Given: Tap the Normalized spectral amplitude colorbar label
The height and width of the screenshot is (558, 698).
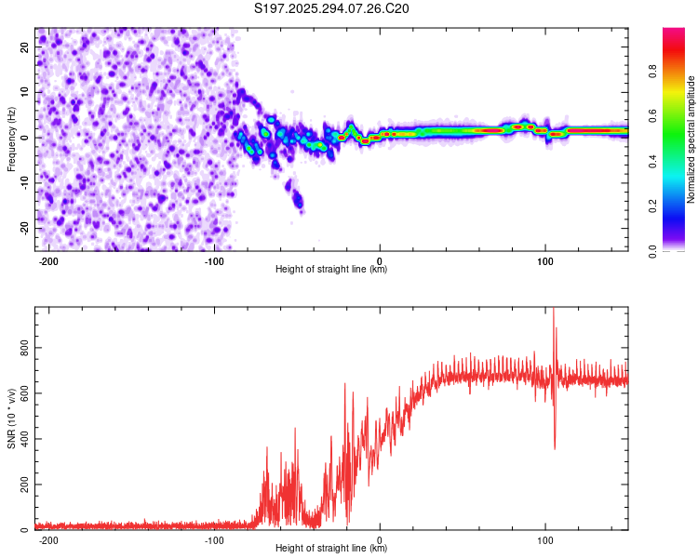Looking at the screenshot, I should pyautogui.click(x=691, y=139).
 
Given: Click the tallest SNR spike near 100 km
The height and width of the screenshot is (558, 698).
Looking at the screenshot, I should pyautogui.click(x=554, y=311).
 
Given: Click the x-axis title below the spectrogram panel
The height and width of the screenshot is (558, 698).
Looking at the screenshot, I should pyautogui.click(x=331, y=270).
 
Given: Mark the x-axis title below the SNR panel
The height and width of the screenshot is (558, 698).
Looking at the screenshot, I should pyautogui.click(x=331, y=549).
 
